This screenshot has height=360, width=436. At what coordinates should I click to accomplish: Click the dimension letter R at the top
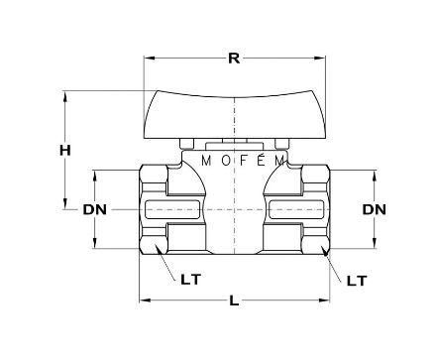[x=234, y=59]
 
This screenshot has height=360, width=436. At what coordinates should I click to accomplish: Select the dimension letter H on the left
[x=65, y=151]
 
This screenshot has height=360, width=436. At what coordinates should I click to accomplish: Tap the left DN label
[x=94, y=209]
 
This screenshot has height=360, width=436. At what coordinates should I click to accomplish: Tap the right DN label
[x=374, y=209]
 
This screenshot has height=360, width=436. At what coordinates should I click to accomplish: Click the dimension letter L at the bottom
[x=234, y=300]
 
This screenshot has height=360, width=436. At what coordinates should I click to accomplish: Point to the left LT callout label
[x=190, y=280]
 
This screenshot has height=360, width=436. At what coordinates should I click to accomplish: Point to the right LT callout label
[x=357, y=281]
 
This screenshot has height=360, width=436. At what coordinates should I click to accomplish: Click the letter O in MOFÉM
[x=226, y=161]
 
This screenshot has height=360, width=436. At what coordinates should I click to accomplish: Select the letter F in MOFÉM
[x=244, y=161]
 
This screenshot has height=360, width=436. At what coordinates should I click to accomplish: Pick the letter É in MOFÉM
[x=262, y=160]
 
